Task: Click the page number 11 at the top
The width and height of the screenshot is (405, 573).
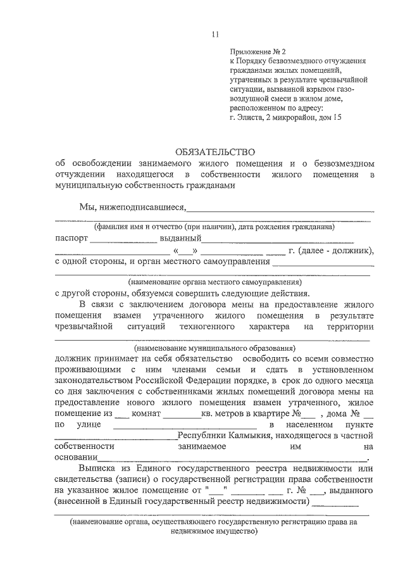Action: (216, 34)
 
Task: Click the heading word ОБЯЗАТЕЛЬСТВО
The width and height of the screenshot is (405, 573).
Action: (215, 152)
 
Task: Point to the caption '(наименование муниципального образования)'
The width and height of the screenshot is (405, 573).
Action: (215, 348)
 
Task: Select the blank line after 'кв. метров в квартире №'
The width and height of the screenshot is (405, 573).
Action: (308, 415)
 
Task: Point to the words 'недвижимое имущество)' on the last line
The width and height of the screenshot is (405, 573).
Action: (215, 532)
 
